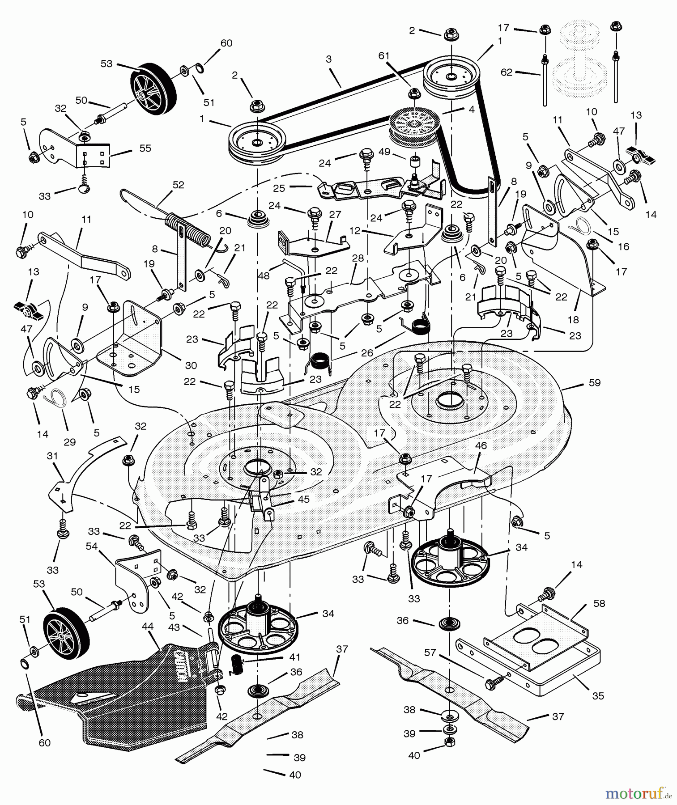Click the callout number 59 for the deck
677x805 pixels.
[x=595, y=383]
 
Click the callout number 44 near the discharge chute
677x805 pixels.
[x=147, y=627]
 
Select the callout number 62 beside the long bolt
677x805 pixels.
[x=507, y=72]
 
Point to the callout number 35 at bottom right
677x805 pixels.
[x=598, y=696]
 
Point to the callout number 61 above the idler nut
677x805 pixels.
[x=384, y=56]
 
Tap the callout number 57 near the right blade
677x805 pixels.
[x=430, y=653]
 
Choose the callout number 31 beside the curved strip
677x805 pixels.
[x=52, y=456]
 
